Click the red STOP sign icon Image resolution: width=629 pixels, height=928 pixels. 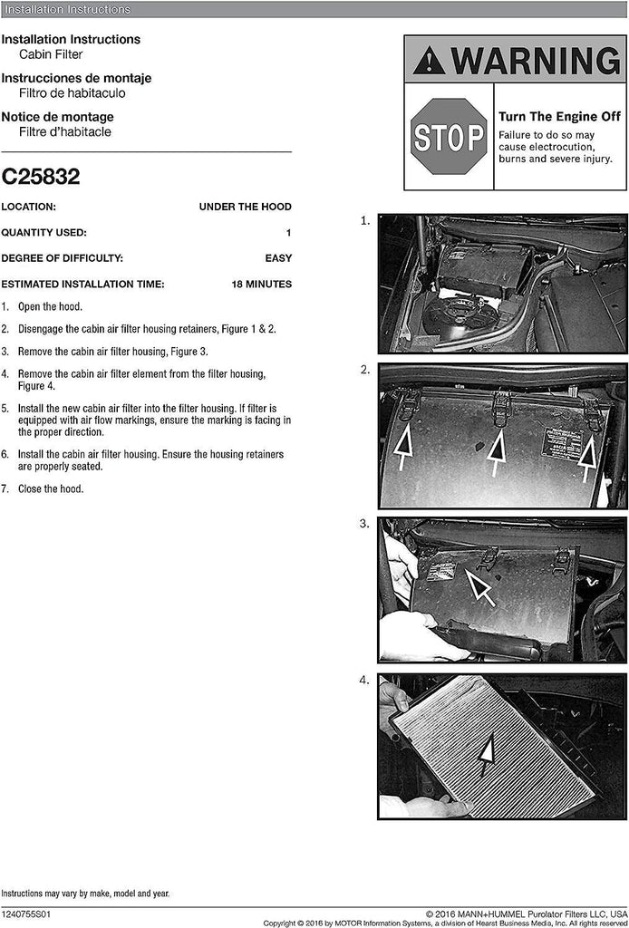[x=449, y=137]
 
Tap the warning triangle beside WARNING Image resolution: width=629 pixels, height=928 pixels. [x=429, y=61]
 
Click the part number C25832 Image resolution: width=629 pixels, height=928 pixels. [x=41, y=177]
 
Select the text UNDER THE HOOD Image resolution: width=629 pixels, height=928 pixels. [x=245, y=208]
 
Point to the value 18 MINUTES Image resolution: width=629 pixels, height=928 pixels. [x=261, y=285]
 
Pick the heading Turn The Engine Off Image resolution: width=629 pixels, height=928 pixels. [x=559, y=117]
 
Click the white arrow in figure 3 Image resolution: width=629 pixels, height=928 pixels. [x=479, y=586]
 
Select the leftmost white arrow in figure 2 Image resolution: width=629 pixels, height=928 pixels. [x=404, y=449]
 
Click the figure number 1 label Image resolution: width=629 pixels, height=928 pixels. [x=365, y=220]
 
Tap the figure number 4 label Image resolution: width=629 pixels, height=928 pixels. [x=365, y=680]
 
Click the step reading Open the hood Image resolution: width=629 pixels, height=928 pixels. [x=50, y=307]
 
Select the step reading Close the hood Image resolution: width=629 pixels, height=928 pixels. [x=51, y=489]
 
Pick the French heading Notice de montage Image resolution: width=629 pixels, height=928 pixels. [x=57, y=117]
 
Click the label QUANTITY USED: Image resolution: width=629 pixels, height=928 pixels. [x=44, y=233]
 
